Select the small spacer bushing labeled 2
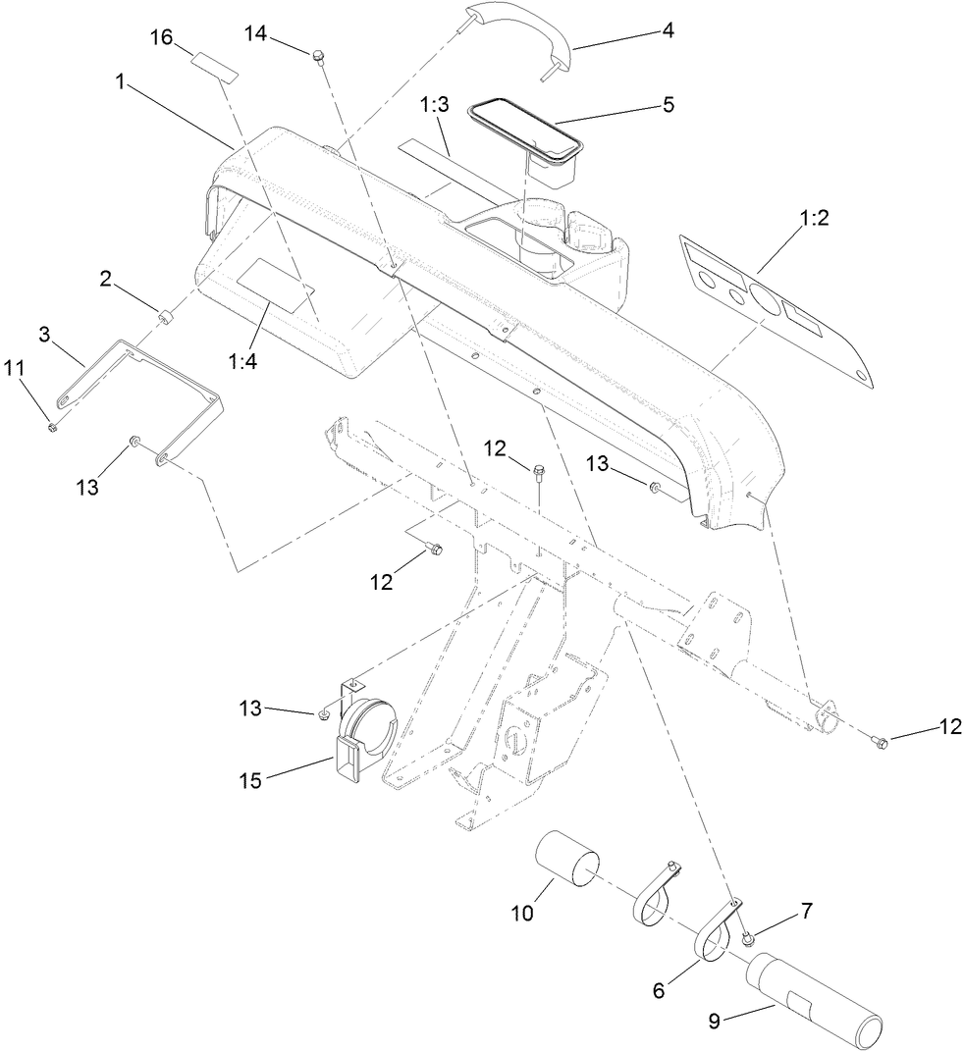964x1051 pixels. pyautogui.click(x=167, y=317)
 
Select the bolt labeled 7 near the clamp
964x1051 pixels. pyautogui.click(x=748, y=940)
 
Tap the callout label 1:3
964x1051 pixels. pyautogui.click(x=436, y=105)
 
